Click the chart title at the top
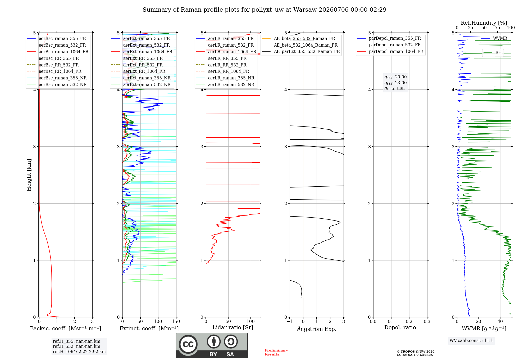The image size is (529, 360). (264, 10)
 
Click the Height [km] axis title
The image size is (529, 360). (29, 175)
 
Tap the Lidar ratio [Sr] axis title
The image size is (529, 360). (233, 327)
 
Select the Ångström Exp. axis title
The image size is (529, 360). (317, 329)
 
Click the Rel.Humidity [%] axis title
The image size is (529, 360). (484, 23)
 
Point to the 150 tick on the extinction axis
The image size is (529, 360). (176, 321)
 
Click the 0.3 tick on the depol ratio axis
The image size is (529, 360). (427, 321)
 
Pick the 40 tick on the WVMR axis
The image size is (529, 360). (500, 321)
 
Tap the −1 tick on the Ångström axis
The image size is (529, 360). (289, 321)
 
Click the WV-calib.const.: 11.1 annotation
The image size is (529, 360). (471, 340)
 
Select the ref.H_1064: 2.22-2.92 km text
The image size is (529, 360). (79, 352)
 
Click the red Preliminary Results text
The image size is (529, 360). (276, 352)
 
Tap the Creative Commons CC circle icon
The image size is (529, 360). (188, 344)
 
